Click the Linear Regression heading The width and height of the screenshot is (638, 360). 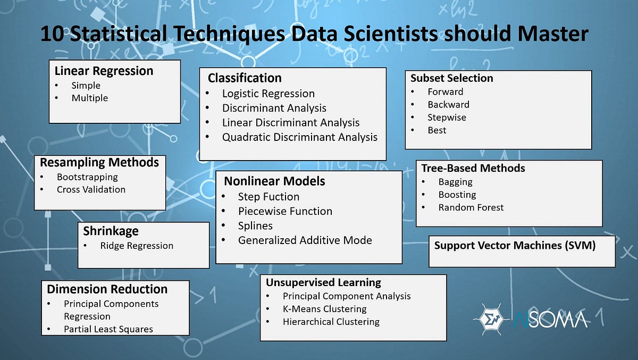(104, 71)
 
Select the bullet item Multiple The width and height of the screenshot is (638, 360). (89, 98)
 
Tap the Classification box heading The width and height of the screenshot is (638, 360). (245, 78)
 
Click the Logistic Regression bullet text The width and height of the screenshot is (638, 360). (268, 94)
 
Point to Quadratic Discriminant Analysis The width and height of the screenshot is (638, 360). (299, 137)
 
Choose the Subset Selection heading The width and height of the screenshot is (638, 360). (451, 78)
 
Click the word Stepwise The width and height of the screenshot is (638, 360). (447, 118)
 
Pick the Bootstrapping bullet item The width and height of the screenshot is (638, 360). (87, 177)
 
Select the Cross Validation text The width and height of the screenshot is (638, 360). (91, 189)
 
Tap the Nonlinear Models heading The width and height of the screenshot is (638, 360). (274, 181)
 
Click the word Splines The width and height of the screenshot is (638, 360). (255, 225)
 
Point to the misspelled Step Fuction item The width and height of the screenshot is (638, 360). (268, 197)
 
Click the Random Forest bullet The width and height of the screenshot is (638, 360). (471, 207)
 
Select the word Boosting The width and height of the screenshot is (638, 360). (457, 195)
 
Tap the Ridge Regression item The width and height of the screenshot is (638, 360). (137, 246)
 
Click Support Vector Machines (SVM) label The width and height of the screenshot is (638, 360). (515, 245)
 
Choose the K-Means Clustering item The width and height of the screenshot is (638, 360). (324, 309)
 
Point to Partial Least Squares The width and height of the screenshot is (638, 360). (108, 329)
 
